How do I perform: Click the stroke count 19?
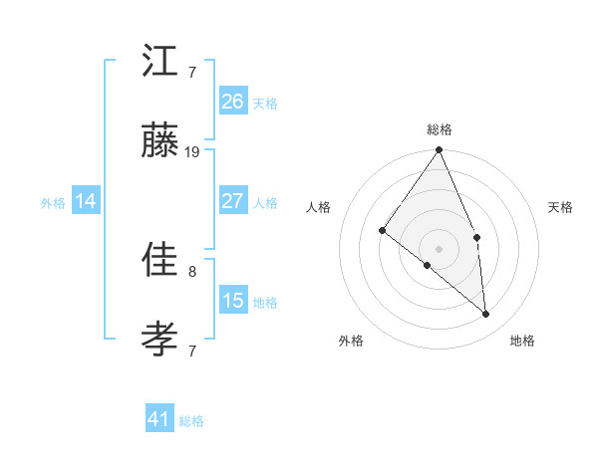pyautogui.click(x=192, y=152)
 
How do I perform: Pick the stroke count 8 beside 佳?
pyautogui.click(x=191, y=271)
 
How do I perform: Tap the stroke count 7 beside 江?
pyautogui.click(x=191, y=73)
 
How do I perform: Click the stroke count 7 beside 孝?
pyautogui.click(x=191, y=351)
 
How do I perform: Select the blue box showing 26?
pyautogui.click(x=232, y=102)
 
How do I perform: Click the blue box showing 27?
pyautogui.click(x=232, y=200)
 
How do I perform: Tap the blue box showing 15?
pyautogui.click(x=232, y=300)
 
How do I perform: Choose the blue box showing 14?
pyautogui.click(x=86, y=201)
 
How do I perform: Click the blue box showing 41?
pyautogui.click(x=159, y=419)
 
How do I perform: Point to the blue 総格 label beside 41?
pyautogui.click(x=191, y=421)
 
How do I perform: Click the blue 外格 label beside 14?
pyautogui.click(x=53, y=203)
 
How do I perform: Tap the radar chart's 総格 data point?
pyautogui.click(x=439, y=150)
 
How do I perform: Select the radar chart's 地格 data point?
pyautogui.click(x=485, y=314)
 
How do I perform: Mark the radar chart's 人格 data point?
pyautogui.click(x=382, y=231)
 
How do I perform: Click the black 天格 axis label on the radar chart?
pyautogui.click(x=560, y=207)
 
